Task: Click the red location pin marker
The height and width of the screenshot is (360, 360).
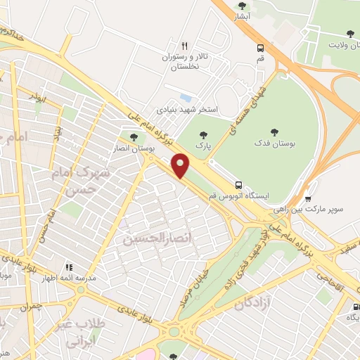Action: [181, 165]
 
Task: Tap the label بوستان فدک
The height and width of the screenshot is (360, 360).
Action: [276, 143]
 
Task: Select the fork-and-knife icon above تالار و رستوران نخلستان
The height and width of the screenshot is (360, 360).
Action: [185, 45]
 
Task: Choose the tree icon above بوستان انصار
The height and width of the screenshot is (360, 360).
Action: [134, 137]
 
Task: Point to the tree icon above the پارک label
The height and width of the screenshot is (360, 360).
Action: [204, 134]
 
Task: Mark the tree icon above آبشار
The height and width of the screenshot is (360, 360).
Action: [242, 6]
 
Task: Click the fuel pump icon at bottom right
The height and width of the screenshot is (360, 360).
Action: [355, 307]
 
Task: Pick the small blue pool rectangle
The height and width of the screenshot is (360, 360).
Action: [186, 97]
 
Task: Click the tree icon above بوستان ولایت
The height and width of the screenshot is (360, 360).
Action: [349, 33]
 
